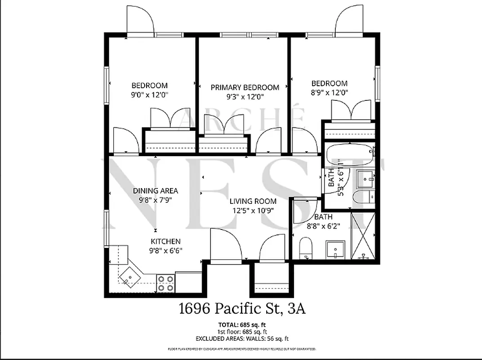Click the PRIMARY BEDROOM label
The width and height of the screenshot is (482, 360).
pos(245,87)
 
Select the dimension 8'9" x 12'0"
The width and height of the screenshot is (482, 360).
pos(330,92)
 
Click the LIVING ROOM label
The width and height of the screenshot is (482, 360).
pos(253,201)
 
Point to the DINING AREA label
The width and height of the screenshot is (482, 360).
pos(156,190)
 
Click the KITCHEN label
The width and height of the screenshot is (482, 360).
pos(165,242)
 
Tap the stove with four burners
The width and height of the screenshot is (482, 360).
pos(165,283)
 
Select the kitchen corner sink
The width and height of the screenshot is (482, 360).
pos(130,275)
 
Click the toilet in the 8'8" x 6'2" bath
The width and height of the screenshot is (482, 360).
pos(306,248)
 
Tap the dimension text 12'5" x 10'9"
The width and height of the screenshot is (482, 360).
pos(253,210)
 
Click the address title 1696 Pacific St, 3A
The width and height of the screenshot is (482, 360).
pos(242,310)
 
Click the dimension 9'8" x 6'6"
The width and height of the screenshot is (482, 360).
pos(166,251)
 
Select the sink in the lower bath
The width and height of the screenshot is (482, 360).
pos(335,249)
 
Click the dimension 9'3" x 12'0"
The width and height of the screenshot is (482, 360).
pos(245,96)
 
